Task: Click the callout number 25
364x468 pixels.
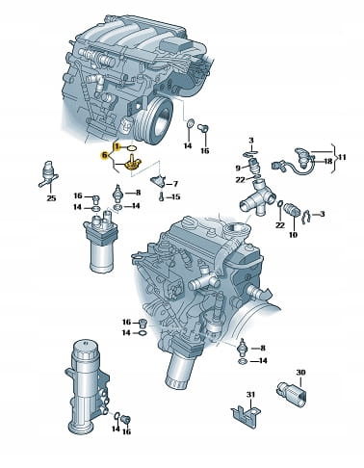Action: (51, 198)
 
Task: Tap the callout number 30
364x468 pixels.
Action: (300, 373)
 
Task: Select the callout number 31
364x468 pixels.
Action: (250, 394)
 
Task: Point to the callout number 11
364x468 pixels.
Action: (342, 157)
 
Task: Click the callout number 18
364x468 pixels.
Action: (327, 161)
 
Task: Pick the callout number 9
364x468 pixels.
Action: (238, 168)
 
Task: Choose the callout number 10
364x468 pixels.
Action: (293, 235)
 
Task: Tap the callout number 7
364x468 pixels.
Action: (175, 184)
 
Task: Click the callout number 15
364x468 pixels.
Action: (176, 196)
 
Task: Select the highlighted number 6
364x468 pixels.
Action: (104, 156)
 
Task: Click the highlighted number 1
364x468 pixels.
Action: (117, 147)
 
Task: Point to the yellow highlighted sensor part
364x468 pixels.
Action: (133, 163)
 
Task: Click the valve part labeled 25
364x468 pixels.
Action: (49, 174)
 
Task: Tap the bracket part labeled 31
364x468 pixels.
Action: (246, 412)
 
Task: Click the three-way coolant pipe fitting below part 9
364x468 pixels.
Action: (258, 197)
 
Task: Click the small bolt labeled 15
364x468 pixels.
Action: (162, 195)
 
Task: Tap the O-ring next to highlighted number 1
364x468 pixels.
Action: (132, 148)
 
